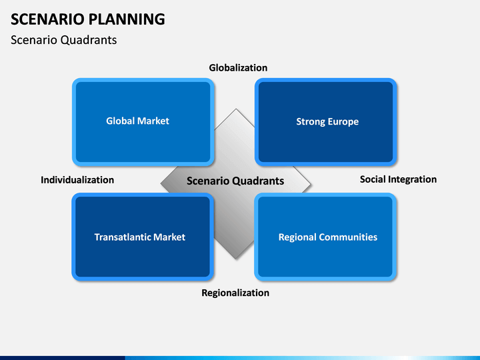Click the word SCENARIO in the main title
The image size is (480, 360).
[47, 19]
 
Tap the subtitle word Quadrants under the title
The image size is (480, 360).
[89, 40]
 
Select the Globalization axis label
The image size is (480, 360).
[238, 67]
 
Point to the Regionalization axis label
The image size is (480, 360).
[235, 293]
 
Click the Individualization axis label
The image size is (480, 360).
[77, 180]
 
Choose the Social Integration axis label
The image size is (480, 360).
[398, 179]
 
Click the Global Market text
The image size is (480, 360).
[137, 121]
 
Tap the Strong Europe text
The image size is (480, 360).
[327, 121]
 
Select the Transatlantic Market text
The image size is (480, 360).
[139, 237]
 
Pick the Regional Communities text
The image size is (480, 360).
[328, 237]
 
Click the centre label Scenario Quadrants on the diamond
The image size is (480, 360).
[235, 181]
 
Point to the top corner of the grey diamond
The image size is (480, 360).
[236, 109]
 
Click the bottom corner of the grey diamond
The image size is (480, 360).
[236, 259]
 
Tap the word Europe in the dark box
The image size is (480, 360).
[343, 122]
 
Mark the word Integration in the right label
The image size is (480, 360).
[413, 180]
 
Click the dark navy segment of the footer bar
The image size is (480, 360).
[63, 358]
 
